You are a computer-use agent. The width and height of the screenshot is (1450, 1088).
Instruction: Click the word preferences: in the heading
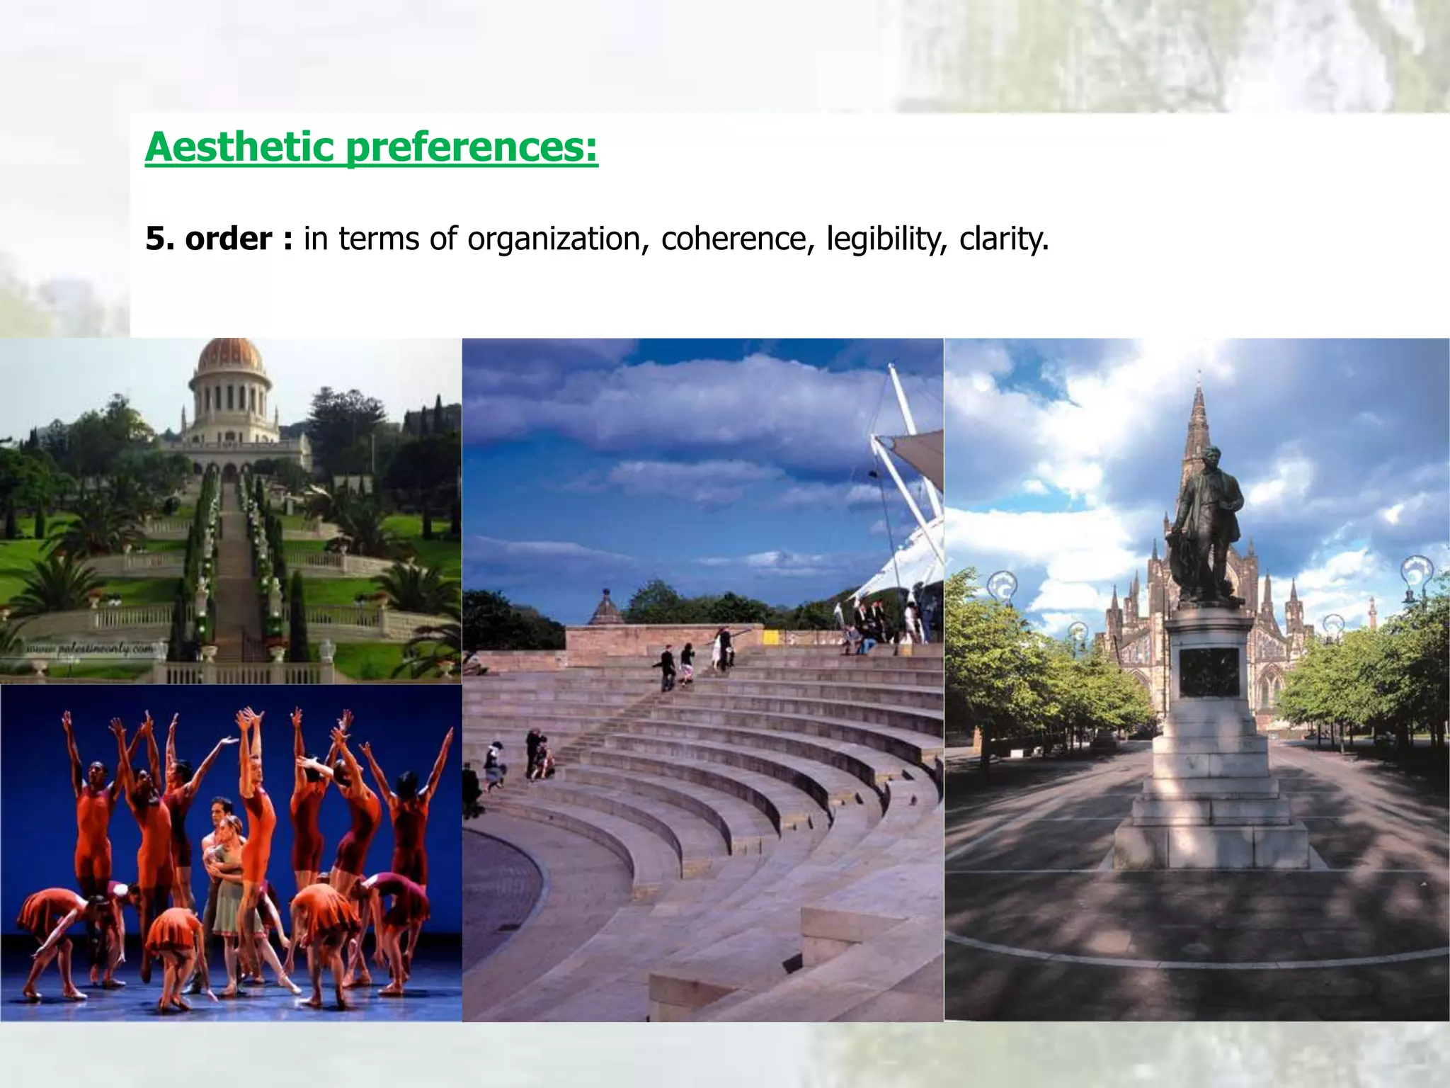coord(472,148)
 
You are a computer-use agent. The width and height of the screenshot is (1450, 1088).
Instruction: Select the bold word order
coord(228,239)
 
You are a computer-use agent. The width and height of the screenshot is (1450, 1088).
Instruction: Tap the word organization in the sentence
coord(554,239)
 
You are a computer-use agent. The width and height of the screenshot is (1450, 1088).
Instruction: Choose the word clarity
coord(1003,239)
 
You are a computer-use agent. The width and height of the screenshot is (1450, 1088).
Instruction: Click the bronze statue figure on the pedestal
coord(1209,524)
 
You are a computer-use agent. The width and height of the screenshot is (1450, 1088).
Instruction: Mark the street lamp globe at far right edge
coord(1416,570)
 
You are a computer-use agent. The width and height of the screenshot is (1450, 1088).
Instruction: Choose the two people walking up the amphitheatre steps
coord(677,666)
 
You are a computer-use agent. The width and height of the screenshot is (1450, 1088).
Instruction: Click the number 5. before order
coord(160,239)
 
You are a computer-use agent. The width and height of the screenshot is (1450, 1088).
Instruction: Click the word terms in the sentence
coord(381,239)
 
